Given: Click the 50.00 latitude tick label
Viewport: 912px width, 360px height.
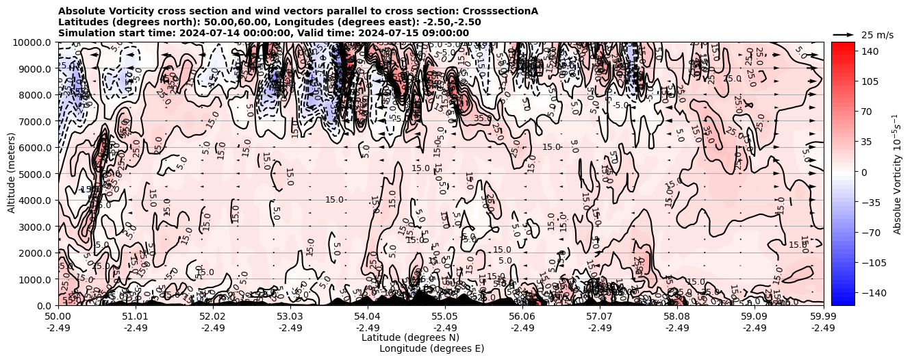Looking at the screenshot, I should (58, 317).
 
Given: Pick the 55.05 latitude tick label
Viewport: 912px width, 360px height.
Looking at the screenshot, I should (445, 317).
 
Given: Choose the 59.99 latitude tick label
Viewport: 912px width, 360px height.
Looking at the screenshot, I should (823, 317).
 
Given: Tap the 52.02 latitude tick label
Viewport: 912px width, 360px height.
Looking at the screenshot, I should (213, 317).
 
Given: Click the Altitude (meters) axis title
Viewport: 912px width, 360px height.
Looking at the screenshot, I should (12, 173).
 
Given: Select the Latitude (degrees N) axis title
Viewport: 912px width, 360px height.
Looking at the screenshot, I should (410, 337).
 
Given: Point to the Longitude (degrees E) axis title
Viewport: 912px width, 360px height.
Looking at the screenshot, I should (431, 348).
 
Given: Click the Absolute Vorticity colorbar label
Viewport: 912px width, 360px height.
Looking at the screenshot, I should (898, 173).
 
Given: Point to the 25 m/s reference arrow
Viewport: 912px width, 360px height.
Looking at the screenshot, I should (844, 34).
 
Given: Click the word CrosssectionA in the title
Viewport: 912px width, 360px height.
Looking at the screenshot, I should (501, 11).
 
